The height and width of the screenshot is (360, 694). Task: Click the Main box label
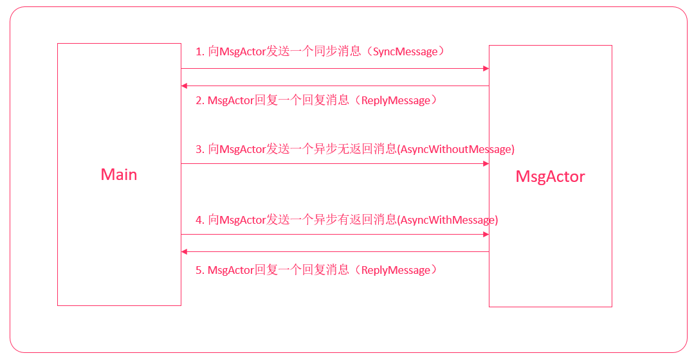[x=119, y=174]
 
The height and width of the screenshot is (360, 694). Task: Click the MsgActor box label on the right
[x=550, y=176]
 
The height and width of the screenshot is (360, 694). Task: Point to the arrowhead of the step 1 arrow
[x=486, y=68]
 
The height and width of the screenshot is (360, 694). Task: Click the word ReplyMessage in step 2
[x=396, y=100]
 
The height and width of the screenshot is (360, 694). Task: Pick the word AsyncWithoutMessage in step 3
[x=456, y=149]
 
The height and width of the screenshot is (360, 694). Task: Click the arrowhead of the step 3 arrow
[x=486, y=163]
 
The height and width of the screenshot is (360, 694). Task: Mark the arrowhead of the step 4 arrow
[x=486, y=234]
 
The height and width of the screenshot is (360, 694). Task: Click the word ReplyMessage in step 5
[x=396, y=270]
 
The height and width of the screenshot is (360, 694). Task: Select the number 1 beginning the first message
[x=199, y=51]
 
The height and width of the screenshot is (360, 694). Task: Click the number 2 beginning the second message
[x=199, y=100]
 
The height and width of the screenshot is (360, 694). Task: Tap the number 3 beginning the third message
[x=199, y=149]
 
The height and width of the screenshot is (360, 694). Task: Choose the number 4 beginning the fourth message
[x=199, y=220]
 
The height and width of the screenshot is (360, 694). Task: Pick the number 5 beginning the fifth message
[x=199, y=270]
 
